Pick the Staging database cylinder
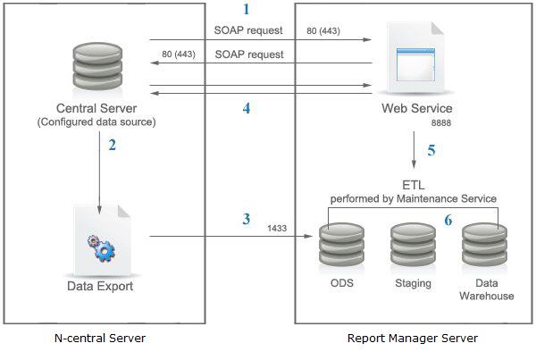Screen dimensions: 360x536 [x=413, y=243]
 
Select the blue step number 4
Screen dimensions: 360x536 [x=247, y=110]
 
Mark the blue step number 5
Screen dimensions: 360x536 [x=431, y=150]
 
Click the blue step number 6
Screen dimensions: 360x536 [x=448, y=220]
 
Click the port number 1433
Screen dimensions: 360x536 [x=278, y=229]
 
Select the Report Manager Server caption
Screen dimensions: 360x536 [x=413, y=339]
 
